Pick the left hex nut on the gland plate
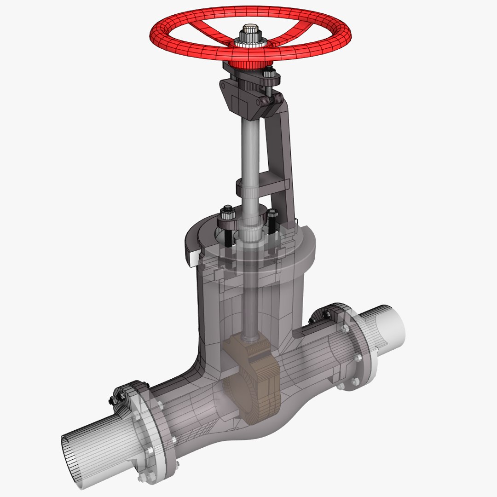click(x=226, y=213)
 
